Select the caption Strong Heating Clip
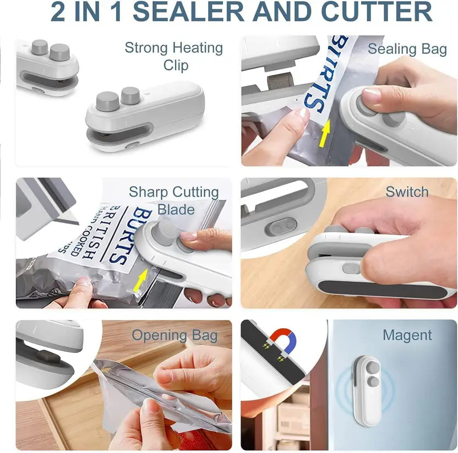coord(174,56)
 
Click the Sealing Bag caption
coord(407,49)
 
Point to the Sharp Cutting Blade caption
coord(174,200)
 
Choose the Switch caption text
coord(407,192)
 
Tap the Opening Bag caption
coord(174,335)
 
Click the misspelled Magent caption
coord(407,335)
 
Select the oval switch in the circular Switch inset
coord(281,226)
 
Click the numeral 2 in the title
coord(58,12)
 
